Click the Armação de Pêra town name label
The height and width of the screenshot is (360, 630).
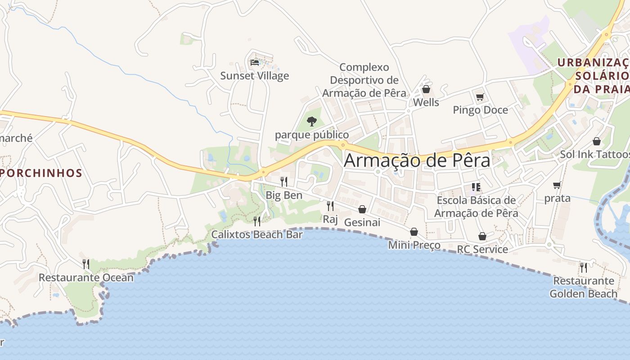(x=417, y=160)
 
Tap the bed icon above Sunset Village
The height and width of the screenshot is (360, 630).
(x=255, y=63)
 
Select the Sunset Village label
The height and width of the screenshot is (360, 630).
(x=255, y=76)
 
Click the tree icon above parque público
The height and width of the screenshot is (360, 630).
(x=311, y=121)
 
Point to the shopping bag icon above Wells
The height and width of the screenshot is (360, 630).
(x=426, y=89)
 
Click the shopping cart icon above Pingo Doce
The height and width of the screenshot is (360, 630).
(x=480, y=97)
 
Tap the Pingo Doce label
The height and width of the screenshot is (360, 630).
(x=480, y=110)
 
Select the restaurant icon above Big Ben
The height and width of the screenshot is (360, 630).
(x=284, y=182)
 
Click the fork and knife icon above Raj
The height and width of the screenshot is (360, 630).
(x=330, y=206)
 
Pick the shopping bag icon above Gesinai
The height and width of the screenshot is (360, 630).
(x=362, y=209)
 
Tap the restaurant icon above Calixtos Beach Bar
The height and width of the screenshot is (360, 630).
(x=257, y=221)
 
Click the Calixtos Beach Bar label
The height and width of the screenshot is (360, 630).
(x=257, y=234)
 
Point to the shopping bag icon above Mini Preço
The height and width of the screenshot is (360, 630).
(x=414, y=232)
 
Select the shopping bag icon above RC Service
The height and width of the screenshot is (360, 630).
(x=482, y=236)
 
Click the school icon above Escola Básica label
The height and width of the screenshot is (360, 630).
(x=476, y=187)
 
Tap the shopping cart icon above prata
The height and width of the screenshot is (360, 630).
(x=557, y=185)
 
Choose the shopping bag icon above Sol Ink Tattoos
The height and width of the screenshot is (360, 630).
(x=597, y=141)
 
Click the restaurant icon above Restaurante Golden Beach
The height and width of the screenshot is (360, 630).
(x=584, y=267)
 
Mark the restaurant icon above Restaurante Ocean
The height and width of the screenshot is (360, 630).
(x=86, y=264)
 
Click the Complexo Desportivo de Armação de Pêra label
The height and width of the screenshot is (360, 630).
(x=364, y=80)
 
